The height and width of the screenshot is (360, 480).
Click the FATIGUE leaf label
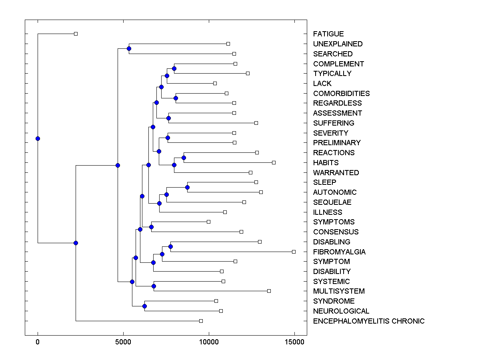coord(328,34)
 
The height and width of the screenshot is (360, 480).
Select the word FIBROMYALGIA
coord(339,252)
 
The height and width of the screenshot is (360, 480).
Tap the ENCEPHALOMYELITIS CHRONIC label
coord(369,321)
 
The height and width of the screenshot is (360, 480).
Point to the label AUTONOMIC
coord(335,192)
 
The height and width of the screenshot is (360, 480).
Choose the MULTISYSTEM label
coord(339,291)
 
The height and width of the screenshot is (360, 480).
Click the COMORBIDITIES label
coord(341,94)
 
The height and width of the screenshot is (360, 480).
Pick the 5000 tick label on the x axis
coord(123,342)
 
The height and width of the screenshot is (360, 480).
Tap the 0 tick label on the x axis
coord(38,342)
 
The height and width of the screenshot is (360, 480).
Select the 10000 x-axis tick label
coord(209,342)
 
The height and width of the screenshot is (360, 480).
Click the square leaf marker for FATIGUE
coord(76,34)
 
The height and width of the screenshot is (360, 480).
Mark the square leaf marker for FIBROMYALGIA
coord(294,252)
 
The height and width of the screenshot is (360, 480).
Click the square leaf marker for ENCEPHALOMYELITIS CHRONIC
coord(201,321)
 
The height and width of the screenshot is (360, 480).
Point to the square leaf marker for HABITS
coord(274,162)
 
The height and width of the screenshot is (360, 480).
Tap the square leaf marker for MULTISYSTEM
coord(269,291)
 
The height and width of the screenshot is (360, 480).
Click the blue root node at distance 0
coord(38,138)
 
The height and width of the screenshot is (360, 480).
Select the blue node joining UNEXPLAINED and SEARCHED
coord(129,48)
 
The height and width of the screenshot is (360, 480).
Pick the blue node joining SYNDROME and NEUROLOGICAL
coord(144,306)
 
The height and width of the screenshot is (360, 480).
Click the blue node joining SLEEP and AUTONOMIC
coord(187,187)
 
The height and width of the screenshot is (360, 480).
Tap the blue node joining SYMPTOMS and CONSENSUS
coord(151,227)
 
